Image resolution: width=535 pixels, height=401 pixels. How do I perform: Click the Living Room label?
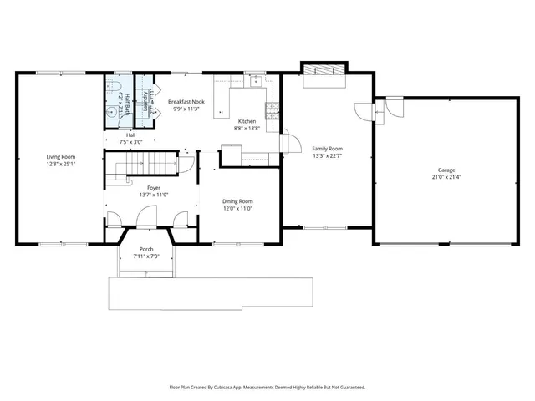point(61,157)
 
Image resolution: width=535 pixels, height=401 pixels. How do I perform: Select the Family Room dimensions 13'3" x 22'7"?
point(328,155)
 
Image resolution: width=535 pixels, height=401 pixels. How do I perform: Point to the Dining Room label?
point(237,201)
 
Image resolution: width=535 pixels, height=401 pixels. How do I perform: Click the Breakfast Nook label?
point(187,100)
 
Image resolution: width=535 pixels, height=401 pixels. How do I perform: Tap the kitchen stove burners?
point(272,108)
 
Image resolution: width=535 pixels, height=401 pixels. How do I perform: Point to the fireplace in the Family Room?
point(324,72)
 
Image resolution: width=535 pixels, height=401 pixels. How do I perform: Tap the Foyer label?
point(154,188)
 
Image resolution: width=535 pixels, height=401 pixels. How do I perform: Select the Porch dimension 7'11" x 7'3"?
point(146,256)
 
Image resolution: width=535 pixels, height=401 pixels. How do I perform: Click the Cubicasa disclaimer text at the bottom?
point(267,387)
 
